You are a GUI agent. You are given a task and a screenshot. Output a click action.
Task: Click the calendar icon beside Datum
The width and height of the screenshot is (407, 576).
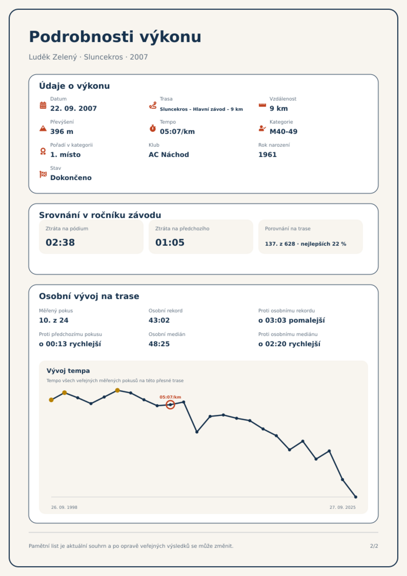43,105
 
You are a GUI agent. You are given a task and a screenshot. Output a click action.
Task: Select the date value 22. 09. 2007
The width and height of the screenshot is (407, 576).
74,108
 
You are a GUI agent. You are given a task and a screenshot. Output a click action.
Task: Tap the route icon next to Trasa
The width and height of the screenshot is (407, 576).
153,105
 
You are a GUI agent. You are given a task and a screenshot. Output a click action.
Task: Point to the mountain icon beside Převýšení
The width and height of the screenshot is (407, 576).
43,128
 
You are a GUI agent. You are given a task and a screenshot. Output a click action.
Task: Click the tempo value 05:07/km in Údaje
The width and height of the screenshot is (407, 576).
177,132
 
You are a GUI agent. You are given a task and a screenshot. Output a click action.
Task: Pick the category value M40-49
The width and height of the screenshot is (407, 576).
283,132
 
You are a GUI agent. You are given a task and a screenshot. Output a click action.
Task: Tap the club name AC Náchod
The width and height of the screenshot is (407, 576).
169,155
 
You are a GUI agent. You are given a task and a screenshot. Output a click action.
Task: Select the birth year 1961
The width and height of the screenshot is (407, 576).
268,155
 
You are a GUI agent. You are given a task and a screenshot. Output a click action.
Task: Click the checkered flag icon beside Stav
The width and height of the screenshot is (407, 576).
43,174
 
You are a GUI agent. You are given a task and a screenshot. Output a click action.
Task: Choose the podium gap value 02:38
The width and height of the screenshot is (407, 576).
60,242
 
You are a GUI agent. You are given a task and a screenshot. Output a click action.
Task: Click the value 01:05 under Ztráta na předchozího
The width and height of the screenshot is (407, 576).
170,242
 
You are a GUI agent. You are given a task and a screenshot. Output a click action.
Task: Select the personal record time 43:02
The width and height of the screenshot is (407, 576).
159,320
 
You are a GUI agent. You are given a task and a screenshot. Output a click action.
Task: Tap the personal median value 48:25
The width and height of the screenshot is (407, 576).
159,344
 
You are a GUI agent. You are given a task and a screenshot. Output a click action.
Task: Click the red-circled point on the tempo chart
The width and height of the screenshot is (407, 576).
170,405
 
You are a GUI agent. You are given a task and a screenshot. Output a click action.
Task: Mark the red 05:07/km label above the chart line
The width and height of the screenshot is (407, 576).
170,397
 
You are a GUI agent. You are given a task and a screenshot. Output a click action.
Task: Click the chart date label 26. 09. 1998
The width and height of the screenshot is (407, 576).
64,507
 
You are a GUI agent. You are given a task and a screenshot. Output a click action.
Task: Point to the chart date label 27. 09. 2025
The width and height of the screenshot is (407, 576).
343,507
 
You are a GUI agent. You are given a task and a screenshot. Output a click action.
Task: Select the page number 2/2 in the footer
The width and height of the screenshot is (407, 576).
374,546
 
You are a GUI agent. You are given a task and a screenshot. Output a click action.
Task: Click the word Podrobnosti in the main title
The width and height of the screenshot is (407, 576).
82,37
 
